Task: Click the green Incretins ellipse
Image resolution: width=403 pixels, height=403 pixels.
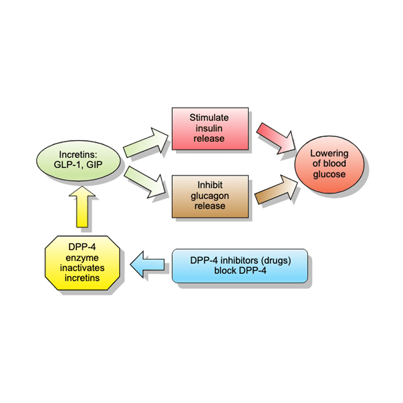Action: (78, 160)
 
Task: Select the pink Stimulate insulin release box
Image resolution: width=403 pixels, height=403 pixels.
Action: (209, 128)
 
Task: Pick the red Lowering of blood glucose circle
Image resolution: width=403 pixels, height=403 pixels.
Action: (329, 164)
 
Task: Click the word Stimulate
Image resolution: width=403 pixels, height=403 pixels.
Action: (209, 118)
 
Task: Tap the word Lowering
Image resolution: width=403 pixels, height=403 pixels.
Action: (329, 154)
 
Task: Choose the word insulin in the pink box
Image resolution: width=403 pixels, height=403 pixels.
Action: (209, 128)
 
